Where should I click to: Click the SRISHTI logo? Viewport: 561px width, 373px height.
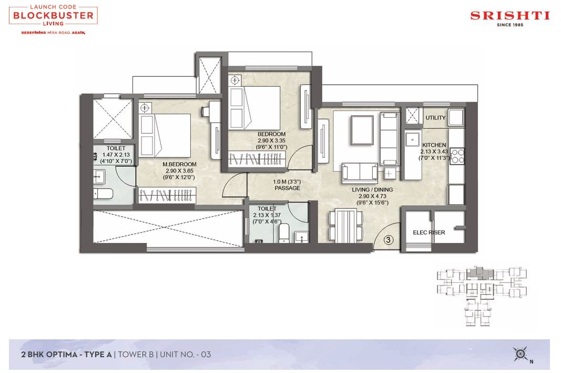pos(510,18)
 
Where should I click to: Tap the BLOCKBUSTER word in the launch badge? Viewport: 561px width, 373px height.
pos(53,15)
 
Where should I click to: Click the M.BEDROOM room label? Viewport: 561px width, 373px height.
pos(180,164)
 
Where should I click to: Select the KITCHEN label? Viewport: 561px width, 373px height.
pos(434,145)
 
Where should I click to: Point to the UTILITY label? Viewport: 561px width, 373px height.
pos(435,117)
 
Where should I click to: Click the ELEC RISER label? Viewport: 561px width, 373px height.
pos(429,233)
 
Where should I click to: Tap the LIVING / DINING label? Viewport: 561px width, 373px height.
pos(372,190)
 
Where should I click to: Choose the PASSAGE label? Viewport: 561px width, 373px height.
pos(287,188)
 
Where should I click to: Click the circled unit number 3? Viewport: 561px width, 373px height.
pos(389,240)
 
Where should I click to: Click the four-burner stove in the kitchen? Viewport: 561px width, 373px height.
pos(457,156)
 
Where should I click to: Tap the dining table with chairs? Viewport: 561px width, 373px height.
pos(345,226)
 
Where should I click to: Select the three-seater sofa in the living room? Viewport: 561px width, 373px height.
pos(390,139)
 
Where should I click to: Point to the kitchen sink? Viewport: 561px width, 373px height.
pos(413,139)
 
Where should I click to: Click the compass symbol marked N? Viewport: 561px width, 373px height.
pos(521,355)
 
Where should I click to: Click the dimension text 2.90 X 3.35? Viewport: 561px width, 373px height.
pos(271,140)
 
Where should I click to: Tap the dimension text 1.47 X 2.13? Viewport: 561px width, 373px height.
pos(116,155)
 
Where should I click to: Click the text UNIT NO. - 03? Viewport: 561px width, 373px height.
pos(185,355)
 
